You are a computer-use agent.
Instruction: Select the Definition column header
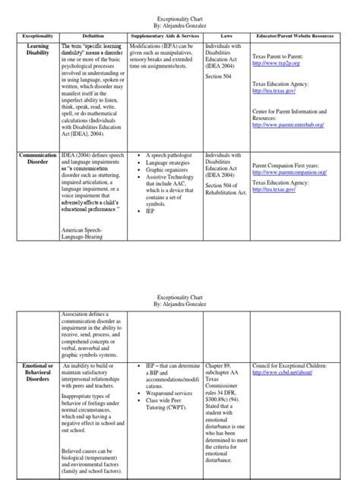93,36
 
